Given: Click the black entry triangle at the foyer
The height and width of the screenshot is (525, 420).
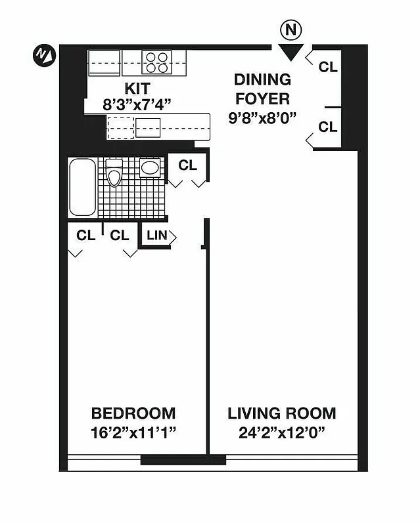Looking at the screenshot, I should coord(289,52).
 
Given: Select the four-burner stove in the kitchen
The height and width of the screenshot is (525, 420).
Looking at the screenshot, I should coord(157,62).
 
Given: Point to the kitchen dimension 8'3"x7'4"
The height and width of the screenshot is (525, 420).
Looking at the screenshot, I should coord(137,103).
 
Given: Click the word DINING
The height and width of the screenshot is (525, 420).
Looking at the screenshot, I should coord(262,79).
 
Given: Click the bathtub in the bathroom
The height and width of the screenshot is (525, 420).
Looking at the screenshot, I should coord(83,187).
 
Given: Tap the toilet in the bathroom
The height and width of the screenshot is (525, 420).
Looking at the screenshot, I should coord(114,174).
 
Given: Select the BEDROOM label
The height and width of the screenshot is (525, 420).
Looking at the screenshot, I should coord(133,413).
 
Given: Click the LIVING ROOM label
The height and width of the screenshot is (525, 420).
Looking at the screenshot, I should coord(281,413).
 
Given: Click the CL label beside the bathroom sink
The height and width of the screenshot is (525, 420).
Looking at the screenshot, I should coord(188,165).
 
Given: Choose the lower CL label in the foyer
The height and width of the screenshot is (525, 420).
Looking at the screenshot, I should coord(328,127).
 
